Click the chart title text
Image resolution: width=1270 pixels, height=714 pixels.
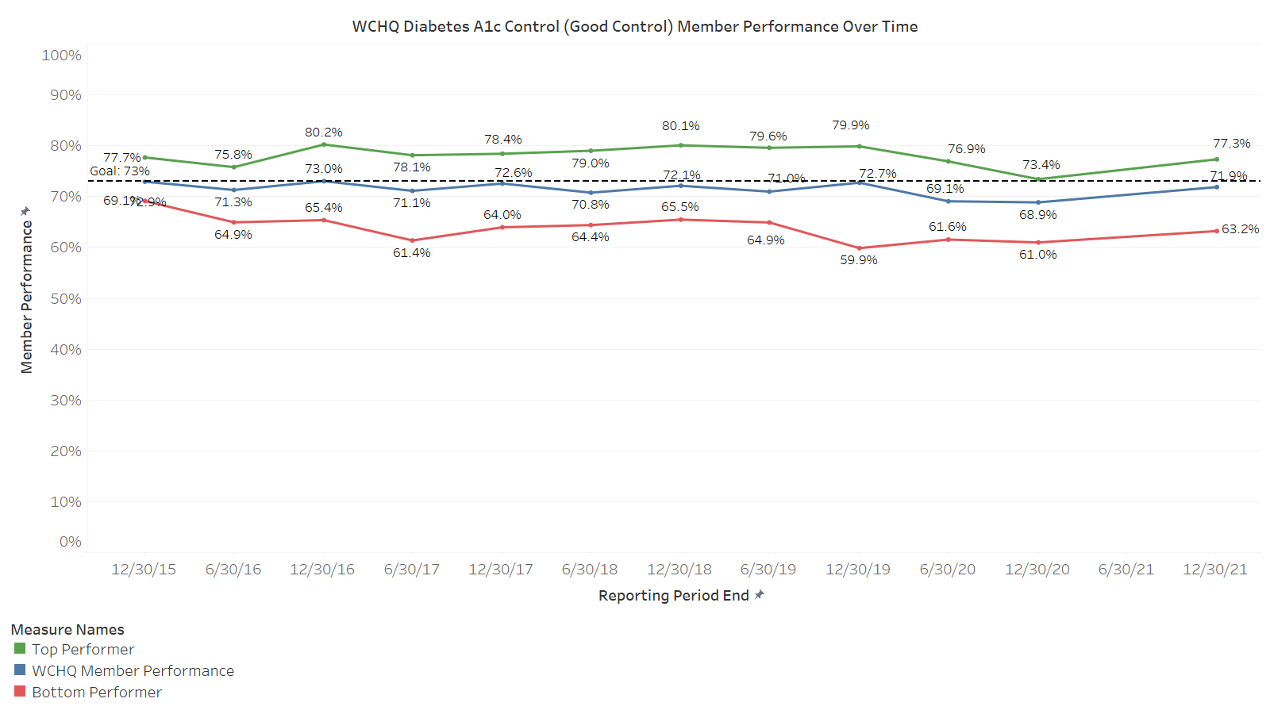pyautogui.click(x=635, y=26)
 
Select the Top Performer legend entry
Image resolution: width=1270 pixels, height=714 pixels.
pyautogui.click(x=83, y=650)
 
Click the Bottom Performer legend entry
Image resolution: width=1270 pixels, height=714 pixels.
pyautogui.click(x=96, y=693)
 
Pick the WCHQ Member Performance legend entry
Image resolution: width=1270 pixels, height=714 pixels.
pyautogui.click(x=133, y=671)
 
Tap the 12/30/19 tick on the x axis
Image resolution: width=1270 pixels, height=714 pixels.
pyautogui.click(x=858, y=570)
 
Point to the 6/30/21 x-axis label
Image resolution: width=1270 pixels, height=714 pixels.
pyautogui.click(x=1126, y=570)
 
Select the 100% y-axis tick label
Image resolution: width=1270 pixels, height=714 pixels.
pyautogui.click(x=62, y=56)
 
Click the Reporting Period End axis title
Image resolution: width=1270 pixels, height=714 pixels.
pyautogui.click(x=673, y=596)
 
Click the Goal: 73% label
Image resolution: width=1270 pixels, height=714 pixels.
pyautogui.click(x=120, y=171)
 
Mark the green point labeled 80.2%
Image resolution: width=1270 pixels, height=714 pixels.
pyautogui.click(x=324, y=144)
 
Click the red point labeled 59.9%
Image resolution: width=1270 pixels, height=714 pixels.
pyautogui.click(x=859, y=248)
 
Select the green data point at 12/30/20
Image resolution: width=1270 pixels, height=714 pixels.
pyautogui.click(x=1038, y=179)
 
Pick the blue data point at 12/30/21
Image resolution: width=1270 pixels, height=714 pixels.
pyautogui.click(x=1217, y=186)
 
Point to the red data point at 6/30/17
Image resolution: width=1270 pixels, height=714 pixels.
pyautogui.click(x=412, y=240)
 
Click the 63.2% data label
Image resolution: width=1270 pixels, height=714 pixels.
pyautogui.click(x=1240, y=229)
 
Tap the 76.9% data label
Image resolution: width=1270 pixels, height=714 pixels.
pyautogui.click(x=966, y=149)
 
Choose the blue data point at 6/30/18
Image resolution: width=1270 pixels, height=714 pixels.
pyautogui.click(x=591, y=193)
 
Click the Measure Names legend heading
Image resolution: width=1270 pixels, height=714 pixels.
pyautogui.click(x=67, y=630)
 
